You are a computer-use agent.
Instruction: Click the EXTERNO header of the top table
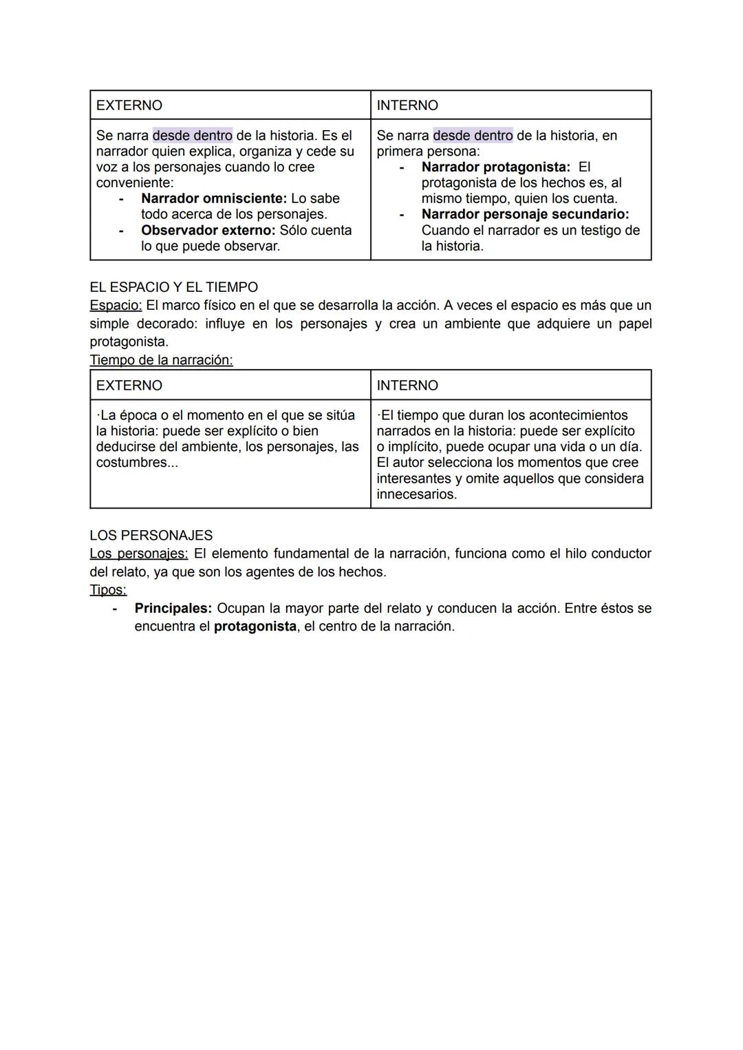pos(129,105)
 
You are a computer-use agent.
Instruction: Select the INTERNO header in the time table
pos(407,386)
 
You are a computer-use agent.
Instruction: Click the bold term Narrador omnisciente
pos(213,198)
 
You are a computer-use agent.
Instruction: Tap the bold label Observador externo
pos(208,230)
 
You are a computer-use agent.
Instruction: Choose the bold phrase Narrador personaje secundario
pos(525,214)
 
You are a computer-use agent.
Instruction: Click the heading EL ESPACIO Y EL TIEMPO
pos(173,287)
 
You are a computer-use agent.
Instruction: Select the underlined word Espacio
pos(115,305)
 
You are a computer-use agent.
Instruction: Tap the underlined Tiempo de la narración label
pos(161,360)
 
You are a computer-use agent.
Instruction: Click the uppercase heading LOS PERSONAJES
pos(151,535)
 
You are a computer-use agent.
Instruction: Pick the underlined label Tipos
pos(108,590)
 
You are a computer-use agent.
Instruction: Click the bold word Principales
pos(173,608)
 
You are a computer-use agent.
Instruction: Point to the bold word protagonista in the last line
pos(255,627)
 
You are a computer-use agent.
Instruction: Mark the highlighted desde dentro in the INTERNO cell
pos(473,136)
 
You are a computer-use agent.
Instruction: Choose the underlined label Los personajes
pos(138,554)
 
